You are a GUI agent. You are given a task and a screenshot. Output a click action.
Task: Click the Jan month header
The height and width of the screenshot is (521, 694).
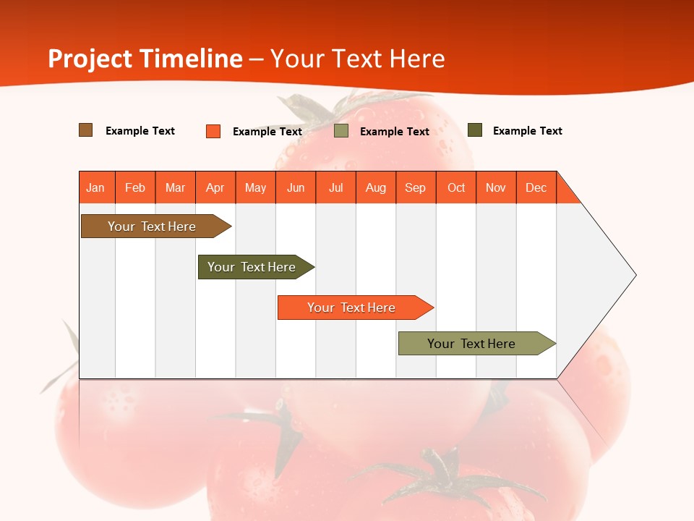[96, 187]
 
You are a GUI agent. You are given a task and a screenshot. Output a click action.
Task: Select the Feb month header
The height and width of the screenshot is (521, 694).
[135, 187]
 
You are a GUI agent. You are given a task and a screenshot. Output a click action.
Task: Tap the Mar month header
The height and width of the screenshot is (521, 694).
[175, 187]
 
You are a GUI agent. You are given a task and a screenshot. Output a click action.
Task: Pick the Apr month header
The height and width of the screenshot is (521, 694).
[215, 187]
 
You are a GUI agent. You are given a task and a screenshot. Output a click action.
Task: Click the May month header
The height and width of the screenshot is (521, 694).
[255, 187]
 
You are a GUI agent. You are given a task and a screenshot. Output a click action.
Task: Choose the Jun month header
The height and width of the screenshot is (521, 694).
[296, 187]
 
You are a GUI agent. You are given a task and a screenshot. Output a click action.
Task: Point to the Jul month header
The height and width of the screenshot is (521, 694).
[335, 187]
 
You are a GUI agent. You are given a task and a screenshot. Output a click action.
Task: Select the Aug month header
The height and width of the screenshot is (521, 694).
[376, 187]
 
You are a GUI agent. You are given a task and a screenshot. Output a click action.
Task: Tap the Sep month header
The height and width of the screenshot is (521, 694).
[416, 187]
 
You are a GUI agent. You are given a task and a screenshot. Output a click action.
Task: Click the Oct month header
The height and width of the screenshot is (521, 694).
[456, 187]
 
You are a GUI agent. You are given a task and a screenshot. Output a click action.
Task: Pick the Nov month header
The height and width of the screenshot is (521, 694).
[496, 187]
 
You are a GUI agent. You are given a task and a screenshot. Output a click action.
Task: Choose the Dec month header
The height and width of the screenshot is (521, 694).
[536, 187]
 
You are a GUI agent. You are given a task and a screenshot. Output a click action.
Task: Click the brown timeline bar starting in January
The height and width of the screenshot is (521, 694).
[153, 226]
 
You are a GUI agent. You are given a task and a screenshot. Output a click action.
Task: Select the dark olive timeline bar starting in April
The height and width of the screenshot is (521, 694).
[252, 267]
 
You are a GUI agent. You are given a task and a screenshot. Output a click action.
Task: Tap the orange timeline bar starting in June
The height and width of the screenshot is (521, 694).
[352, 308]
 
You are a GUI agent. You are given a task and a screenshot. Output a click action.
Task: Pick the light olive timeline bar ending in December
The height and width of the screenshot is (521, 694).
[472, 344]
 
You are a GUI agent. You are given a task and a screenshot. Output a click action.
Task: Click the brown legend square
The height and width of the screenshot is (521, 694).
[86, 130]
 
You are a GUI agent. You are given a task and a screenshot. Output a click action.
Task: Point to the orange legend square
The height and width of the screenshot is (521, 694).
[213, 131]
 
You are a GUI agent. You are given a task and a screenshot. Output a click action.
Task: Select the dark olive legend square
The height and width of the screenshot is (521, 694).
[475, 130]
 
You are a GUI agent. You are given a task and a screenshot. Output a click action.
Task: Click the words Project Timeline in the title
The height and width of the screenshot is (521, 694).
[145, 59]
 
